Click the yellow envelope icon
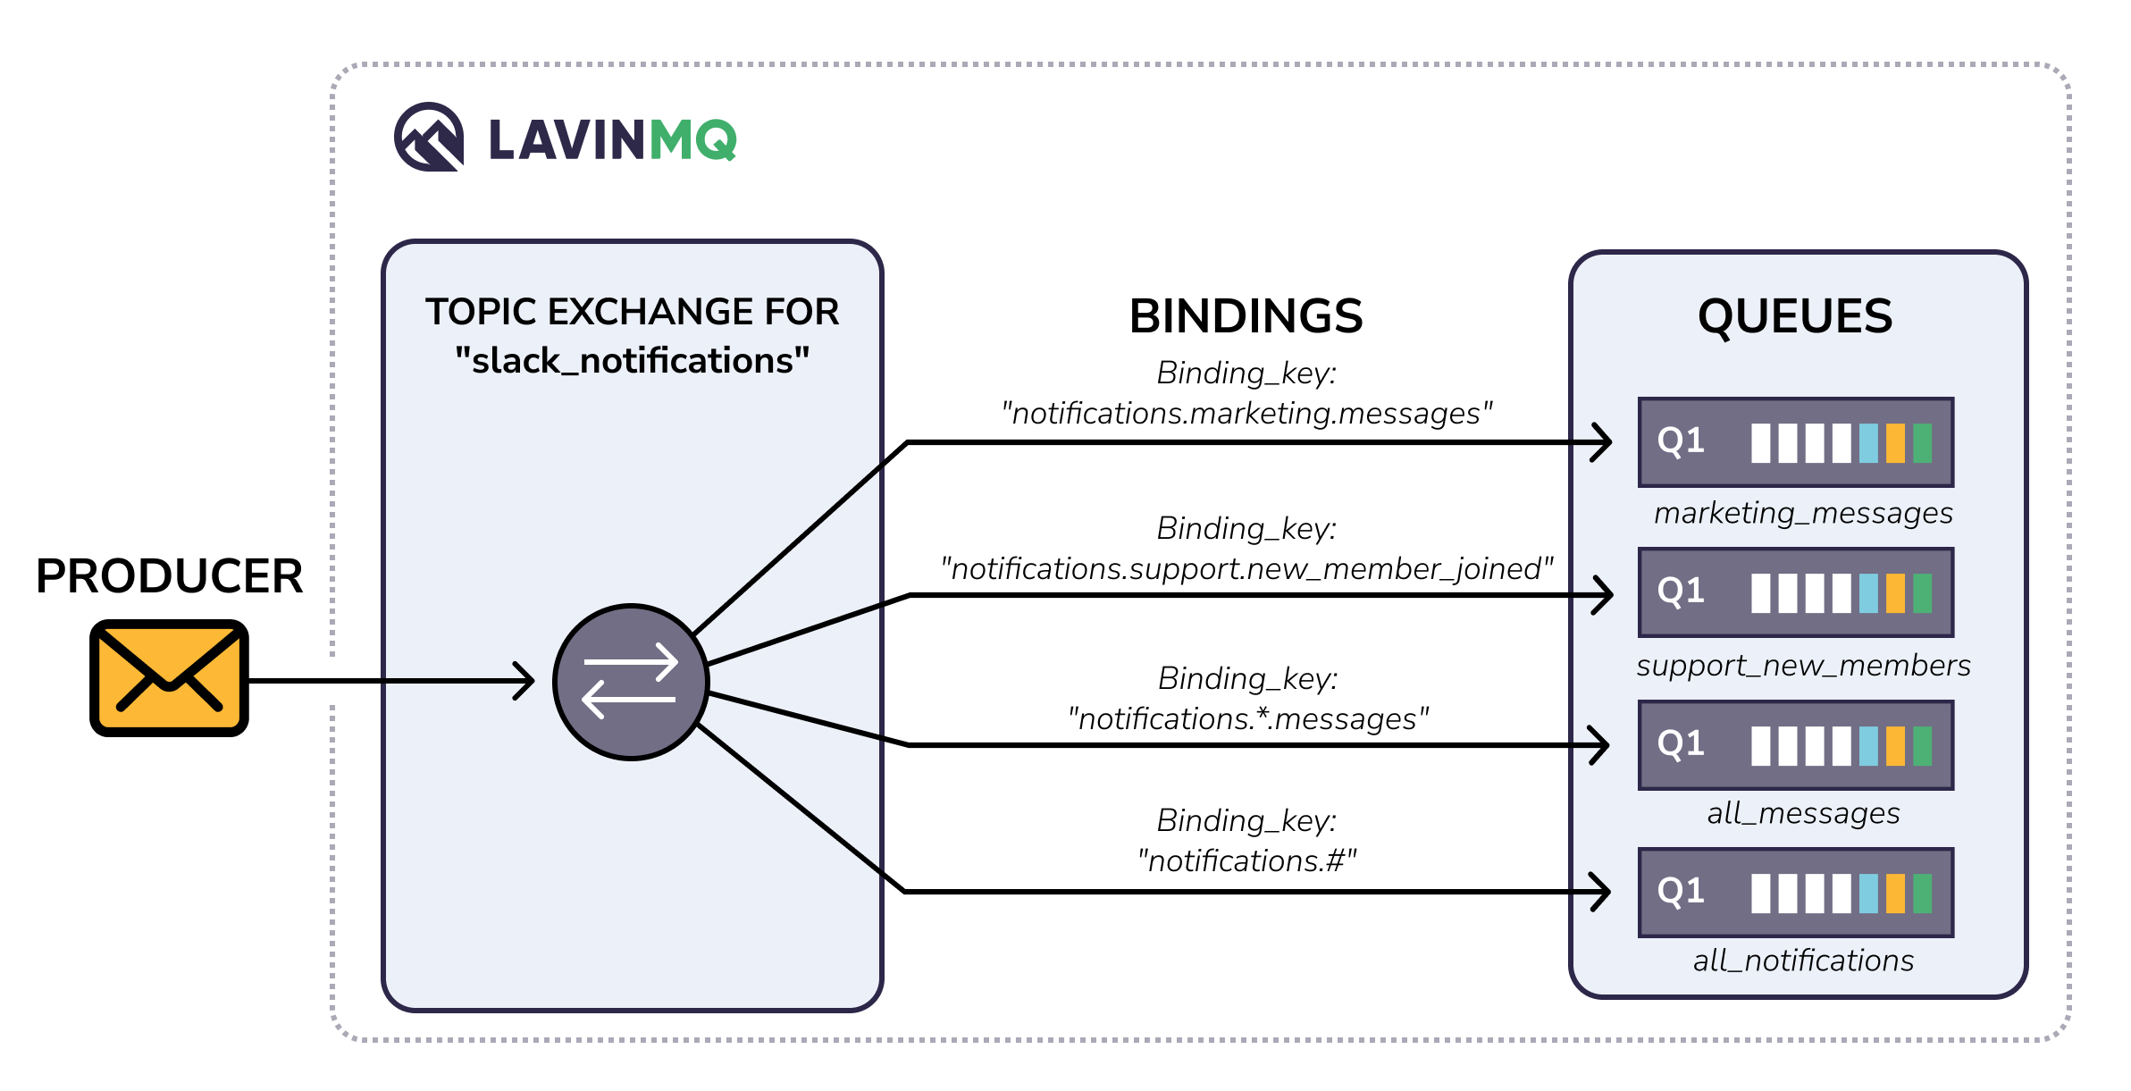(x=169, y=678)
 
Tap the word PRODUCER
(x=169, y=576)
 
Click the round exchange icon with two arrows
(x=631, y=682)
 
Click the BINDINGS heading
(x=1246, y=316)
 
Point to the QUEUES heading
(x=1794, y=316)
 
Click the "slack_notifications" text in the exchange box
(x=632, y=361)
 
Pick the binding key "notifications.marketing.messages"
(x=1246, y=414)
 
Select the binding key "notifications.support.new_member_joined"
(x=1246, y=569)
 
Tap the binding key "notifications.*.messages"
(x=1247, y=719)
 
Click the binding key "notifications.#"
(x=1246, y=861)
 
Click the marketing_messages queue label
(x=1803, y=514)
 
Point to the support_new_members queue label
(x=1803, y=666)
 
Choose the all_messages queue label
(x=1803, y=814)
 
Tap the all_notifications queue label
(x=1803, y=961)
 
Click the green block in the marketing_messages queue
(x=1922, y=443)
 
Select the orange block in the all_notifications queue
(x=1895, y=894)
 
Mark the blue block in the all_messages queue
(x=1868, y=746)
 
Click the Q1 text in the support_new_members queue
(x=1681, y=592)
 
